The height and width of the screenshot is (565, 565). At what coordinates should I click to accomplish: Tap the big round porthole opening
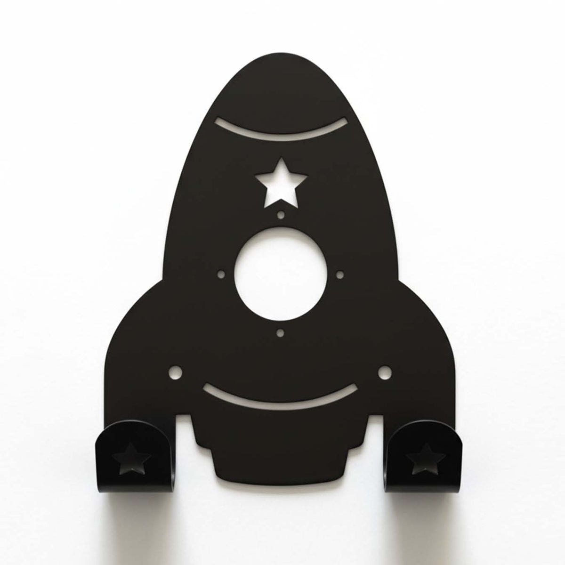(281, 274)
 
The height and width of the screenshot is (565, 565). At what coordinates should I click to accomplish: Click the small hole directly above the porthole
(281, 215)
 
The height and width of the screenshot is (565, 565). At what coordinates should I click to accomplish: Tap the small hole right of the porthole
(340, 274)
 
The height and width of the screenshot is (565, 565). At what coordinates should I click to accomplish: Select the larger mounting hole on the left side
(176, 372)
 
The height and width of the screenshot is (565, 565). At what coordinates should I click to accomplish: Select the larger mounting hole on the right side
(385, 372)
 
